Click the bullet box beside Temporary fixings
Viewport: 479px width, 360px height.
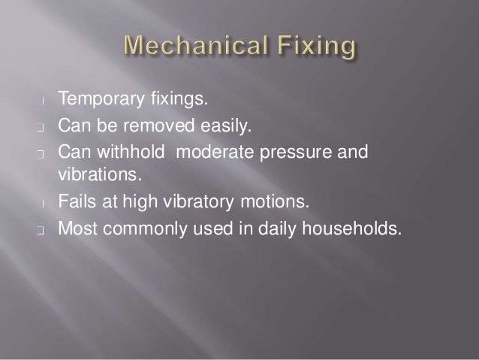[45, 100]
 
